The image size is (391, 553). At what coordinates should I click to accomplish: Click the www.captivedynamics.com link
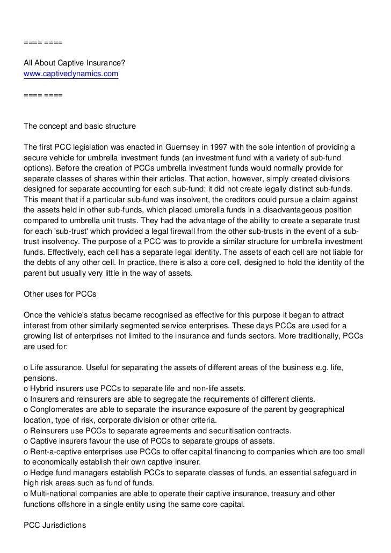tap(71, 73)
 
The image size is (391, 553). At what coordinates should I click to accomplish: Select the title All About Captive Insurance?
tap(75, 64)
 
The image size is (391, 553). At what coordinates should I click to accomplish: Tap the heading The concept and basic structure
tap(80, 127)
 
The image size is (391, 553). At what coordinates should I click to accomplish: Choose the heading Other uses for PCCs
tap(60, 294)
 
